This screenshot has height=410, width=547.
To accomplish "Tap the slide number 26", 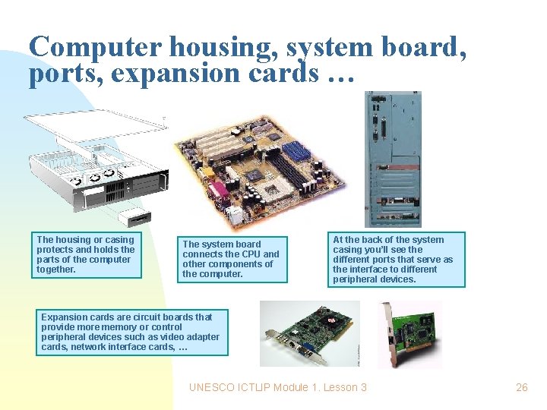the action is point(521,387).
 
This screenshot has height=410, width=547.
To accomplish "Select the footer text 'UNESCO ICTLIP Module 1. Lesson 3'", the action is point(277,387).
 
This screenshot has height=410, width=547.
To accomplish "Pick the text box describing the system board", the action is point(232,259).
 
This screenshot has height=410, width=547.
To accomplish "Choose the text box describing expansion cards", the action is point(131,333).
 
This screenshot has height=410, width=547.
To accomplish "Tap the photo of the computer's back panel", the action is point(392,159).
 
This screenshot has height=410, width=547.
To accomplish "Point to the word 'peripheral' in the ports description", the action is point(357,279).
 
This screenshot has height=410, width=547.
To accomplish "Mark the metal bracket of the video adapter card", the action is point(270,342).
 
